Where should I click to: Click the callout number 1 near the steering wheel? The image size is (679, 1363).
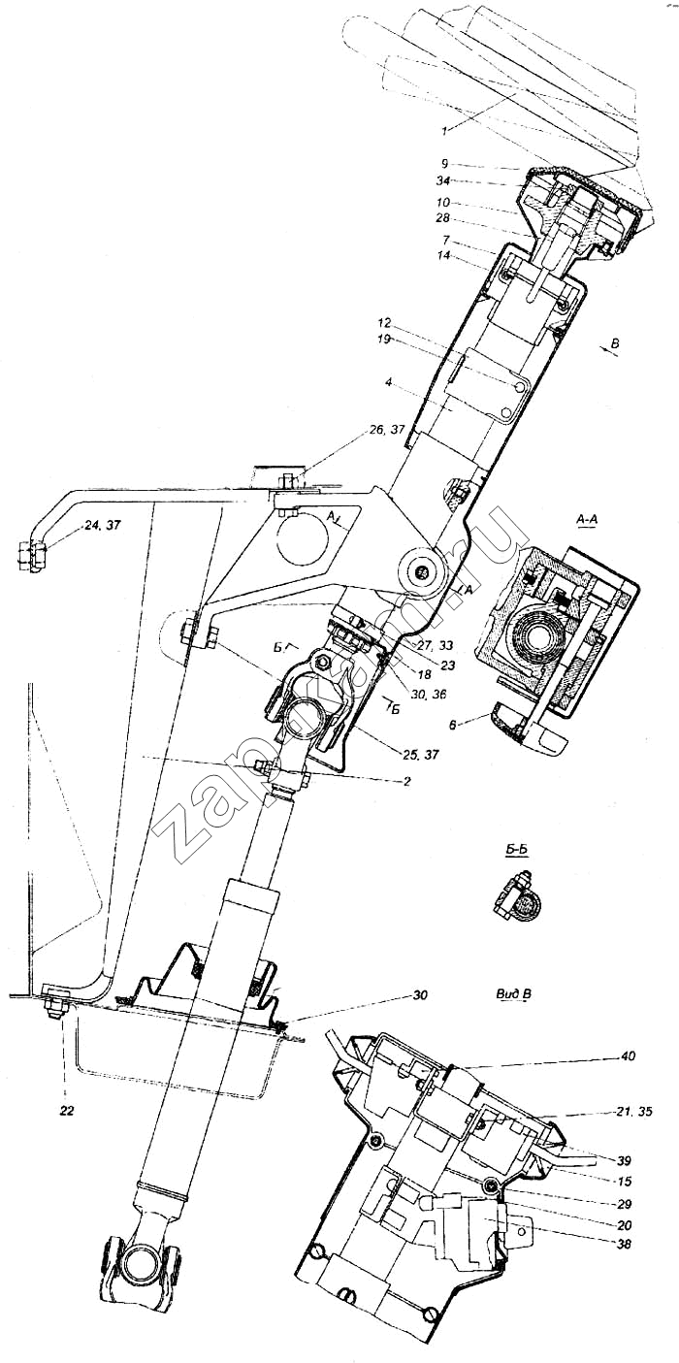click(x=444, y=129)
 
